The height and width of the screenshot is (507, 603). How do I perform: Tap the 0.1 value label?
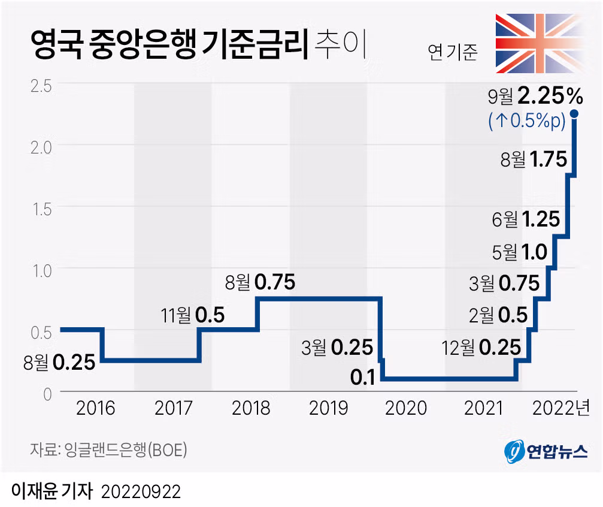pyautogui.click(x=363, y=378)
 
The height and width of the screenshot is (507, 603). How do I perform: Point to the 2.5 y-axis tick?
pyautogui.click(x=41, y=84)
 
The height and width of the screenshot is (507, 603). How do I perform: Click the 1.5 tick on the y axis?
pyautogui.click(x=41, y=207)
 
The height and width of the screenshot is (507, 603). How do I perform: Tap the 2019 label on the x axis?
pyautogui.click(x=328, y=409)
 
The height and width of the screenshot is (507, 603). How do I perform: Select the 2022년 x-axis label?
pyautogui.click(x=561, y=409)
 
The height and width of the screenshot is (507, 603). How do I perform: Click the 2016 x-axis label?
pyautogui.click(x=96, y=409)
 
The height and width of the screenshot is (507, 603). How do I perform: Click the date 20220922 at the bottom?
pyautogui.click(x=141, y=492)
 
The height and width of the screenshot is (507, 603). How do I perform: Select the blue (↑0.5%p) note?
pyautogui.click(x=526, y=122)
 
